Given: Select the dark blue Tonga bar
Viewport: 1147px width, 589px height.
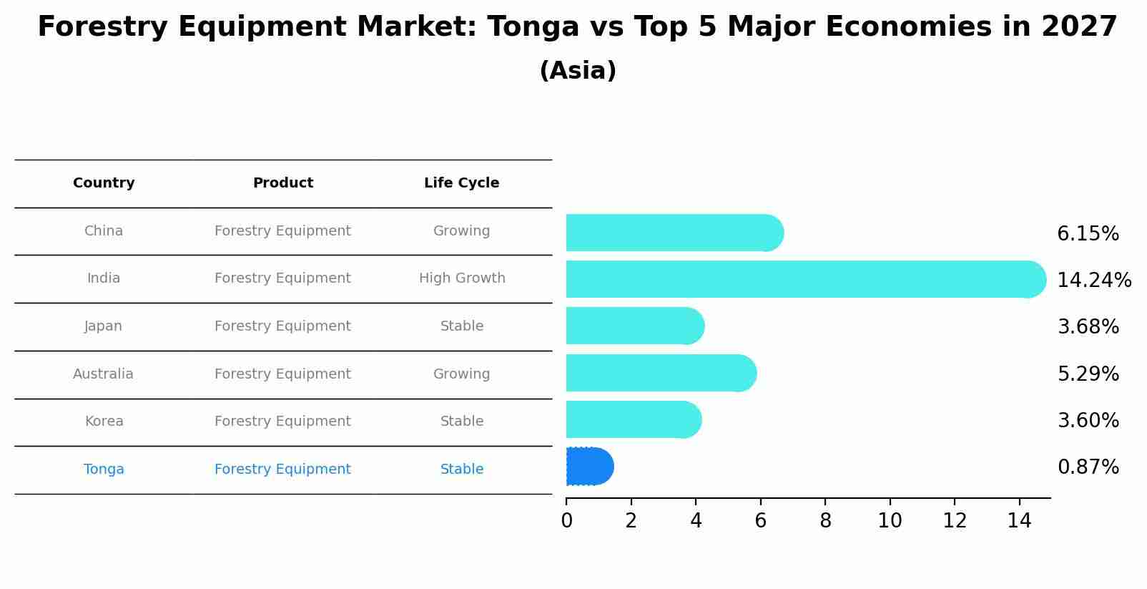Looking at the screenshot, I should coord(589,467).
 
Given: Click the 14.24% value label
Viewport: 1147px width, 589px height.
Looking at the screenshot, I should coord(1093,280).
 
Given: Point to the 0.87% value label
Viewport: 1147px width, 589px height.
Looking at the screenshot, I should coord(1088,467).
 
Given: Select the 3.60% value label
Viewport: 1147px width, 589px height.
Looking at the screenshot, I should coord(1088,420).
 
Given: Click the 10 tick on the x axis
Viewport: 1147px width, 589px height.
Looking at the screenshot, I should coord(890,521).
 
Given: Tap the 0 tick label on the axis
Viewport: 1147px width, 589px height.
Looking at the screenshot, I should coord(566,521).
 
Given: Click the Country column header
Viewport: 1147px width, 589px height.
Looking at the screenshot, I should coord(104,183).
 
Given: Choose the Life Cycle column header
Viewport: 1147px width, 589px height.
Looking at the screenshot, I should coord(461,183).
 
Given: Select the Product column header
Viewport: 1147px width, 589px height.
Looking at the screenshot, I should coord(283,183).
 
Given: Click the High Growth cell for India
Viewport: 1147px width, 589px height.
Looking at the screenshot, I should coord(462,278).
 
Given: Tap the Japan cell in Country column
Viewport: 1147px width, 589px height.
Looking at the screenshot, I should coord(104,326).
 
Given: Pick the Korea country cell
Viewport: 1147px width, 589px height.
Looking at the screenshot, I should coord(104,422).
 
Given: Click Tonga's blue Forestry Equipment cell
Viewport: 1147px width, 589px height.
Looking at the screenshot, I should coord(282,469).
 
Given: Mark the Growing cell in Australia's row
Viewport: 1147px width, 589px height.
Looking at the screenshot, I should coord(461,374).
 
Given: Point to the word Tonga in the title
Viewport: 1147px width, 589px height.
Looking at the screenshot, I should coord(533,27).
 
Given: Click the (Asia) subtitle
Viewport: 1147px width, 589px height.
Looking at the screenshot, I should coord(578,71).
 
